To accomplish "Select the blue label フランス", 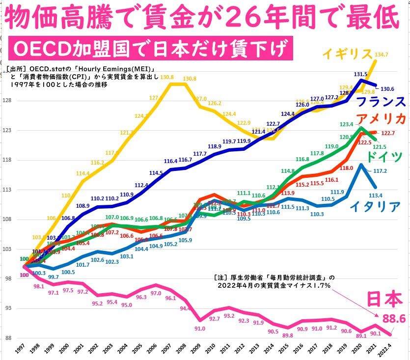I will pos(380,102).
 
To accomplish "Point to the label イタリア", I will pos(375,206).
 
